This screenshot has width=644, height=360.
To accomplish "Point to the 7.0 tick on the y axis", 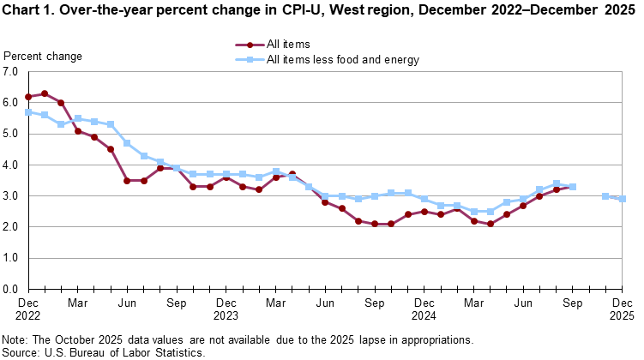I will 11,72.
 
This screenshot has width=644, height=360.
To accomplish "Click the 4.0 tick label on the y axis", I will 11,165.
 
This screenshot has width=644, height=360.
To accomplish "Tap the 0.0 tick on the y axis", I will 11,289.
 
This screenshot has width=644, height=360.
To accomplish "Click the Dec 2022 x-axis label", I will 28,309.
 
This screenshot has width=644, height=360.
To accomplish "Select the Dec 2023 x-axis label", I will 226,309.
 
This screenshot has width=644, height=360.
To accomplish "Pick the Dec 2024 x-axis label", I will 424,309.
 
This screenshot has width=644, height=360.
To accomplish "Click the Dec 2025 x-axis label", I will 622,309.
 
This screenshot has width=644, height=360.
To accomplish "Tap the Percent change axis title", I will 44,57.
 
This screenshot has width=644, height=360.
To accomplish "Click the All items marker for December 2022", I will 28,97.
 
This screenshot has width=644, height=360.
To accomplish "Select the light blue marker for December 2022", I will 28,112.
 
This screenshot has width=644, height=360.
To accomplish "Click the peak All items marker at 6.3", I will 45,93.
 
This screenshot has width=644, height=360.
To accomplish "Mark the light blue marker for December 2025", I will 622,199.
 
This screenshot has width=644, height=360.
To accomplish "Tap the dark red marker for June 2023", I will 127,181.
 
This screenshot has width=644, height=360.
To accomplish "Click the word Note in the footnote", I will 18,339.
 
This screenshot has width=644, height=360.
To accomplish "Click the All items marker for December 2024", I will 424,212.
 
